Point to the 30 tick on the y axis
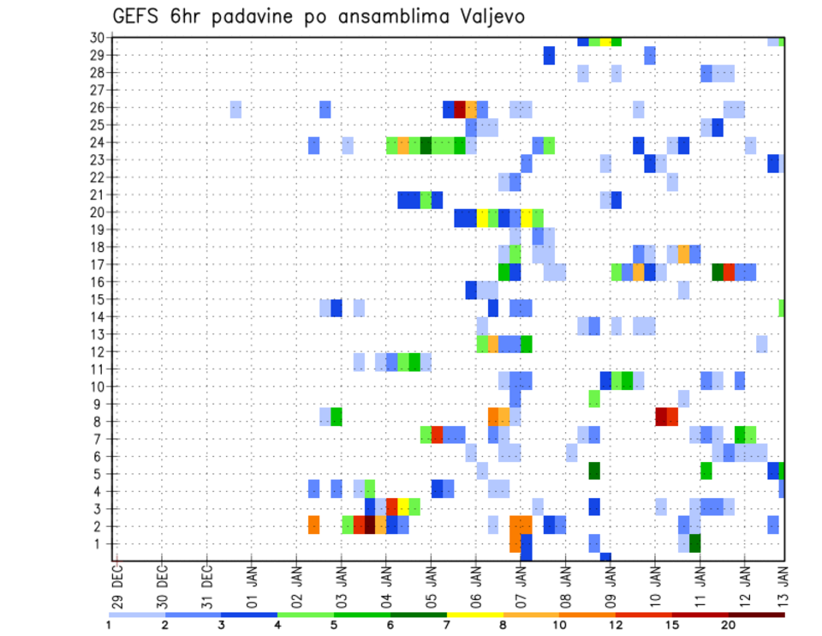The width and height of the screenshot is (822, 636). pyautogui.click(x=98, y=38)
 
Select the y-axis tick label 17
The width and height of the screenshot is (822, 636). pyautogui.click(x=98, y=264)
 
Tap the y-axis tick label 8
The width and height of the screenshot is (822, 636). pyautogui.click(x=101, y=421)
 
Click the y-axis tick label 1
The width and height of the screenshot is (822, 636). pyautogui.click(x=101, y=543)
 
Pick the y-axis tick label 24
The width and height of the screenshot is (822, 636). pyautogui.click(x=98, y=142)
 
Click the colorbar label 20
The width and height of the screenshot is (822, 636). pyautogui.click(x=728, y=625)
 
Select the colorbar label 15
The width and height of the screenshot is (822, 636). pyautogui.click(x=672, y=625)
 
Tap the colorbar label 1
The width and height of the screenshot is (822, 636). pyautogui.click(x=109, y=625)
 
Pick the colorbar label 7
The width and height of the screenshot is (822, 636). pyautogui.click(x=447, y=625)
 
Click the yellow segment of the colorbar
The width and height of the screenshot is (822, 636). pyautogui.click(x=474, y=615)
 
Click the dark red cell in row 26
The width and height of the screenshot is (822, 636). pyautogui.click(x=460, y=108)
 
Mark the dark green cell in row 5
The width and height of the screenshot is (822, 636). pyautogui.click(x=594, y=471)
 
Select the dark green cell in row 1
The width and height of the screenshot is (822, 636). pyautogui.click(x=695, y=543)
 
